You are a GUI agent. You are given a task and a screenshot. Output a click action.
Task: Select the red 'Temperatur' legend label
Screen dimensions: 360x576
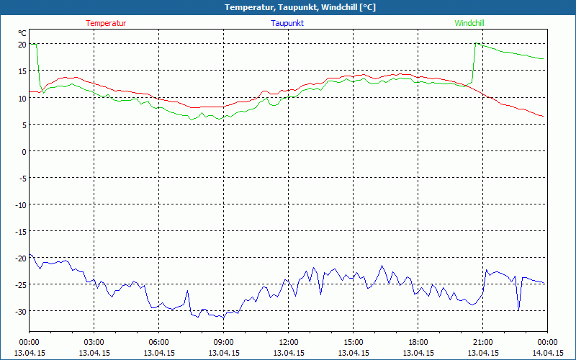coord(106,23)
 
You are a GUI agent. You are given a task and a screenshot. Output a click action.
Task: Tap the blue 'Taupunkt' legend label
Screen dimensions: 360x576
coord(288,23)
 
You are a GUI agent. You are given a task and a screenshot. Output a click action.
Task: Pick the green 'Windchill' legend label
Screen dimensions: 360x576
coord(469,23)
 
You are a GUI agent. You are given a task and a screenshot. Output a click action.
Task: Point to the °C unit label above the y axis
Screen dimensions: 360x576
coord(22,33)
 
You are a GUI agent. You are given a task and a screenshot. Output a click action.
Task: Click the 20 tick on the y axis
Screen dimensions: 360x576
coord(22,45)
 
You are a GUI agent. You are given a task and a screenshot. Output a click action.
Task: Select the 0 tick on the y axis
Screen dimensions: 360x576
coord(24,151)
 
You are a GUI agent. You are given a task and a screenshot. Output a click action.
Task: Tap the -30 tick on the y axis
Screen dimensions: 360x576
coord(20,311)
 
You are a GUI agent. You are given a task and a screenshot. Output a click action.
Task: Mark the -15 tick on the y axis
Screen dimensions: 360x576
coord(20,231)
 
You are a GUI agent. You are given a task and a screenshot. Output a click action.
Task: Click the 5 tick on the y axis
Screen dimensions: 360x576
coord(24,125)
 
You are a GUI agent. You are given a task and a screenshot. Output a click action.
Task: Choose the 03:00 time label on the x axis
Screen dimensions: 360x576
coord(94,342)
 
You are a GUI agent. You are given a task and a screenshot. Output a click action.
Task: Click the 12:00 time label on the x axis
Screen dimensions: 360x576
coord(288,342)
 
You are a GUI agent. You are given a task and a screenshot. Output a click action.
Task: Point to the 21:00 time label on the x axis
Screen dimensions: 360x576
coord(482,342)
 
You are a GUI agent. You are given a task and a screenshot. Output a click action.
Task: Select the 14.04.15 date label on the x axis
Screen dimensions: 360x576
coord(547,353)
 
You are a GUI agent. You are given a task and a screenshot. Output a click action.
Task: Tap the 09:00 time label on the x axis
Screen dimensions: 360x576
coord(223,342)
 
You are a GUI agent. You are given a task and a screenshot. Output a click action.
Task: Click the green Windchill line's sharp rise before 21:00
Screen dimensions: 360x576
coord(473,65)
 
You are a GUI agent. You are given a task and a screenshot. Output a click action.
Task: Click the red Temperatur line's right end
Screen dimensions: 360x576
coord(542,116)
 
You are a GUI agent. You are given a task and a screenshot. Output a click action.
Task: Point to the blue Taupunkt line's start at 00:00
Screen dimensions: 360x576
coord(30,255)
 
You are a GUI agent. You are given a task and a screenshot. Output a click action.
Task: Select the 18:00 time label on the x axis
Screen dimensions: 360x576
coord(418,342)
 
